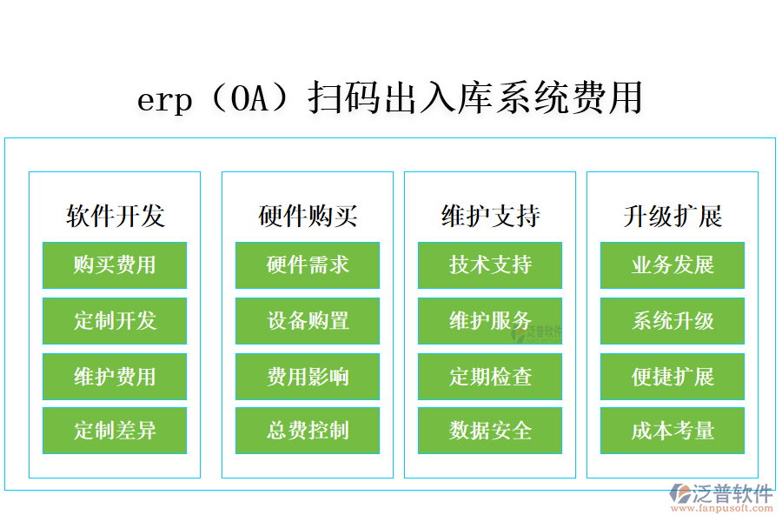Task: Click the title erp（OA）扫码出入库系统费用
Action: (x=390, y=98)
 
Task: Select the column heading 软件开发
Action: (x=115, y=216)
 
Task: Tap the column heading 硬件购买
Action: (x=308, y=216)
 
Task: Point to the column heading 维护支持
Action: (x=490, y=216)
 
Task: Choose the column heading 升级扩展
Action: (x=673, y=216)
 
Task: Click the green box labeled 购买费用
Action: (x=115, y=265)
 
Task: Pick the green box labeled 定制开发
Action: (x=115, y=321)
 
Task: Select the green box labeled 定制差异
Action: (x=115, y=431)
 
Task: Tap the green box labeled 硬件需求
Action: (x=308, y=265)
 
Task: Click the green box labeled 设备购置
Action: (x=308, y=321)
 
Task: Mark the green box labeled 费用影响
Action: (x=308, y=377)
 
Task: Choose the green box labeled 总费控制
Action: (x=308, y=431)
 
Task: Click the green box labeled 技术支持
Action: (x=490, y=265)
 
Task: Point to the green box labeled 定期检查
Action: (x=490, y=377)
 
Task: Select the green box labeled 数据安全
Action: (x=490, y=431)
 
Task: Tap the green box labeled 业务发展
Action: (x=673, y=265)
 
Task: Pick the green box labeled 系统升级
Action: (x=673, y=321)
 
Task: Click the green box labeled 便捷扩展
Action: (x=673, y=377)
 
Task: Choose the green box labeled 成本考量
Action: (x=673, y=431)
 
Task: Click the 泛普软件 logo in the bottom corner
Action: (x=722, y=497)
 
